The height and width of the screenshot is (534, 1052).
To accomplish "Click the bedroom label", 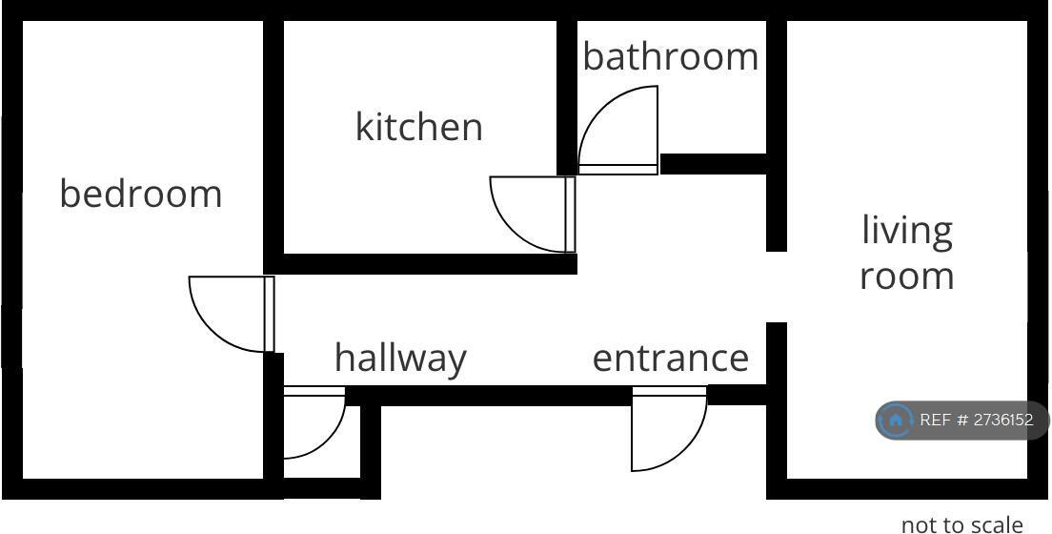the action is [141, 194].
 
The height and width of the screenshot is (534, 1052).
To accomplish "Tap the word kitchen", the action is [419, 127].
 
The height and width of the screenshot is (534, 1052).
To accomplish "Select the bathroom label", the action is [671, 57].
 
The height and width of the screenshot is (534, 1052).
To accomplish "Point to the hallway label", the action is [400, 359].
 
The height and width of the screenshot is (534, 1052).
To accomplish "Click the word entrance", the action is [671, 359].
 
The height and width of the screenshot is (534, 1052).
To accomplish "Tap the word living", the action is [907, 231].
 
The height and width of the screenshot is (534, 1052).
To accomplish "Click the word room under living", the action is [907, 276].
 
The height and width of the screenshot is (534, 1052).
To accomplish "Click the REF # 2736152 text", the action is [976, 420].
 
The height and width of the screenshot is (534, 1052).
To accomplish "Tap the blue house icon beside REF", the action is [896, 420].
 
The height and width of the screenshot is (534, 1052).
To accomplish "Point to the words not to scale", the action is [961, 524].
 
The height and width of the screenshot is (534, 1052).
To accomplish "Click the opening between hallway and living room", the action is [777, 287].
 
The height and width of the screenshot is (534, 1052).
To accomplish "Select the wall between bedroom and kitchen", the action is [273, 143].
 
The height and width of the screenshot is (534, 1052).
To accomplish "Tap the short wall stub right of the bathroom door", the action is [713, 164].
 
